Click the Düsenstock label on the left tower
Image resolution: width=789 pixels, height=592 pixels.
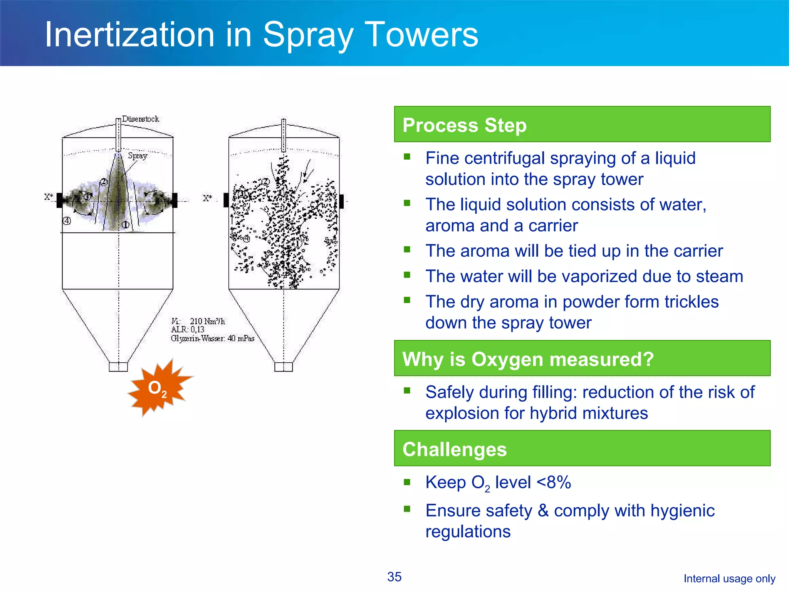click(x=141, y=119)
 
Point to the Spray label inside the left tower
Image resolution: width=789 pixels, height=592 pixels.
click(x=138, y=156)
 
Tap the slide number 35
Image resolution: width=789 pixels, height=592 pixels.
click(x=394, y=577)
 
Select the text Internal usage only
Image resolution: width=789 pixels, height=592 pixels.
click(x=729, y=579)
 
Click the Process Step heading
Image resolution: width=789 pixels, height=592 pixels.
click(x=464, y=125)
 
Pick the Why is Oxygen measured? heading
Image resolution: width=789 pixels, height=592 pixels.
click(x=528, y=359)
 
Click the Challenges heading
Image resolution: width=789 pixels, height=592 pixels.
click(x=455, y=449)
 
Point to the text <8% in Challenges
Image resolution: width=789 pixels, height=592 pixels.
click(x=554, y=482)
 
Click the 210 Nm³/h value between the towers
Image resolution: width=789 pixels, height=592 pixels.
click(x=207, y=321)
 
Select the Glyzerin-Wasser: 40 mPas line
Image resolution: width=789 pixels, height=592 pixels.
click(x=213, y=338)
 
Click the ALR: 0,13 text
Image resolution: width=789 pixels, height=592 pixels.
click(x=188, y=330)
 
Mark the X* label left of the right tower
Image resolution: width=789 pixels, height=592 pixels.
click(x=208, y=198)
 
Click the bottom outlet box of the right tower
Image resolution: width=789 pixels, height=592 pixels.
click(x=284, y=367)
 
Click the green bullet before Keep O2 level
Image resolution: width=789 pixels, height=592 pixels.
click(x=407, y=482)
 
